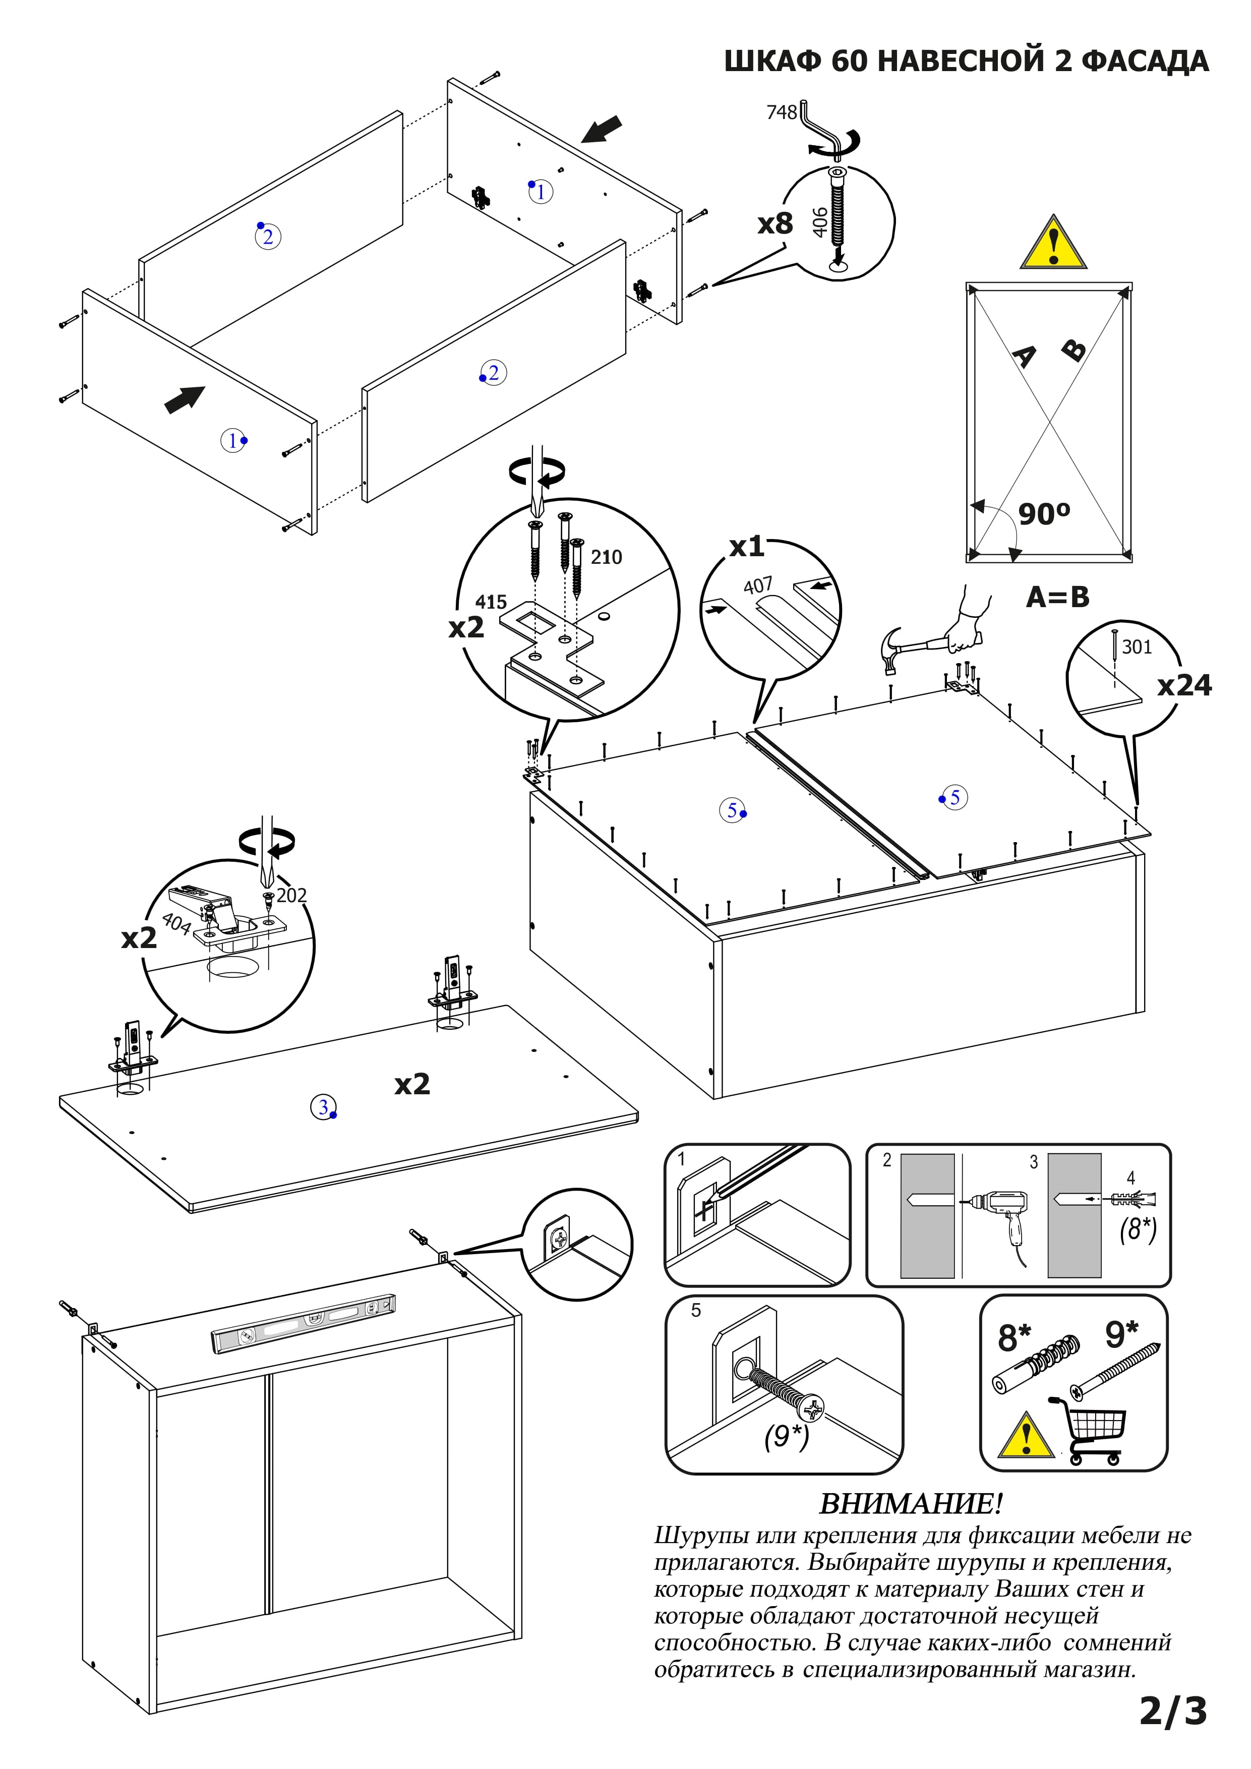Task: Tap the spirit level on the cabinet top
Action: [x=304, y=1324]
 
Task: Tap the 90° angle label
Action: [x=1044, y=513]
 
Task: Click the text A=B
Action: [x=1058, y=597]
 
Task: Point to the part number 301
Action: [x=1137, y=646]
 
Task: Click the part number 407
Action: [x=757, y=586]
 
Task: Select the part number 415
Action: [x=491, y=602]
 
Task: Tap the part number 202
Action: [x=291, y=895]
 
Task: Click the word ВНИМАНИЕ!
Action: [x=911, y=1503]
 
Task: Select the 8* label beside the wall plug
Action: [x=1014, y=1338]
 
